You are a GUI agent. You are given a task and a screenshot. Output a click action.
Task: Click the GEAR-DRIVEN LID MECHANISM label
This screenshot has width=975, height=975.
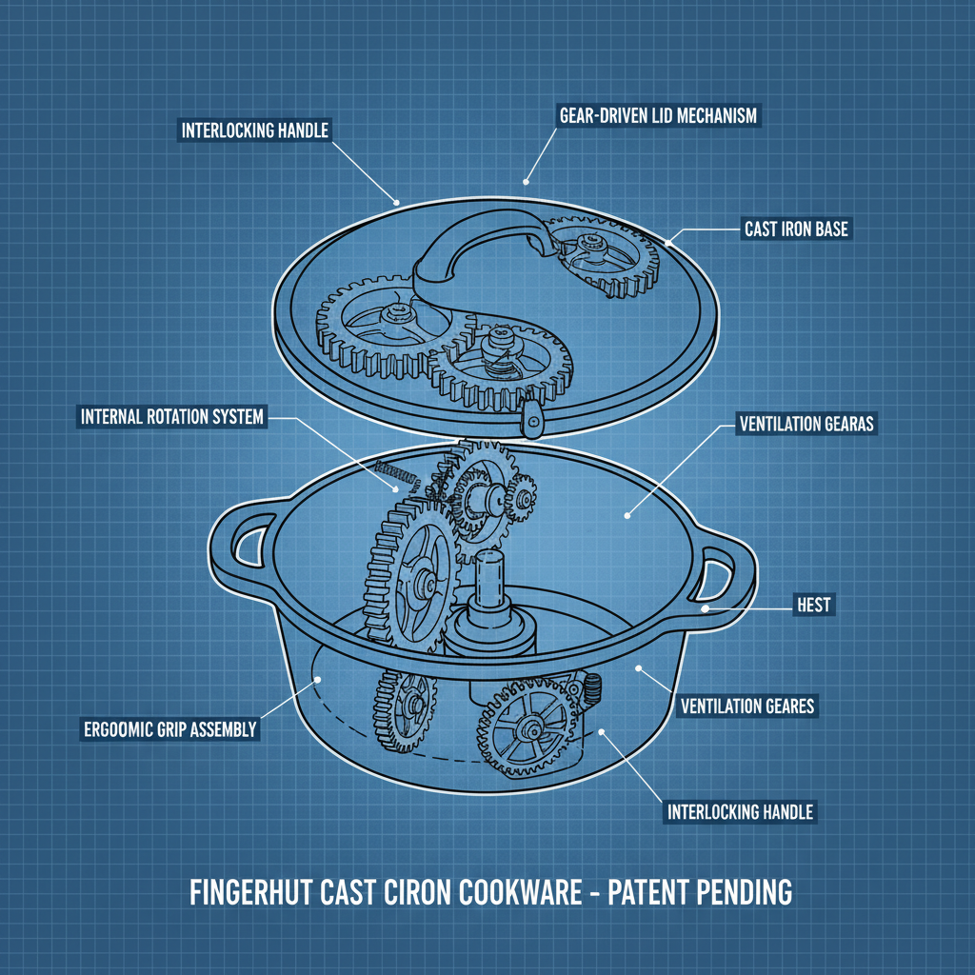pyautogui.click(x=657, y=116)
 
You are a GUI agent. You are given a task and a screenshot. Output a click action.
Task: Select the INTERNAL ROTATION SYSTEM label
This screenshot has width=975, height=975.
pyautogui.click(x=172, y=417)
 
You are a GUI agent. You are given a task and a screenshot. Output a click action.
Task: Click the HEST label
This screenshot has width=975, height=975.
pyautogui.click(x=814, y=604)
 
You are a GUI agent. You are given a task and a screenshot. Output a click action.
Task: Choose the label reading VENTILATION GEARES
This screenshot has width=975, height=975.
pyautogui.click(x=747, y=706)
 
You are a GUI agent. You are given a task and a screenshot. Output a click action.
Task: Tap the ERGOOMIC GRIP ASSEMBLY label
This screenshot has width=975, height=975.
pyautogui.click(x=170, y=730)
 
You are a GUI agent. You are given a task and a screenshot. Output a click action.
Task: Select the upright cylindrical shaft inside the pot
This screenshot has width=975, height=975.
pyautogui.click(x=494, y=582)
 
